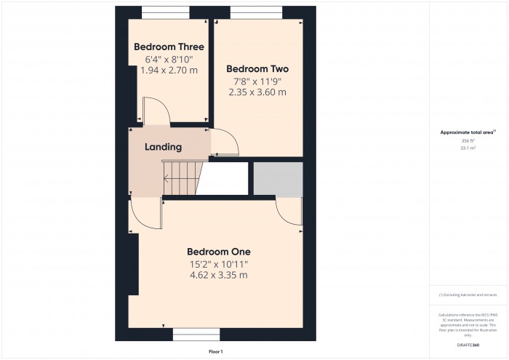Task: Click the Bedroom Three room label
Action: pos(169,47)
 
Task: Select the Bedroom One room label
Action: pos(218,252)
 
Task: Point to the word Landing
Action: pos(163,147)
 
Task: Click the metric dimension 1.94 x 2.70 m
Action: pos(169,71)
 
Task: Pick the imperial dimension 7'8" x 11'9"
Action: pos(257,81)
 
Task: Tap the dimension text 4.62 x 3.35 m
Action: pos(218,276)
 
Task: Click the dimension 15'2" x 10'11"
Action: pos(218,264)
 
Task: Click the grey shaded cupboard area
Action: pos(278,179)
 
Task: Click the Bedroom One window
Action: pos(196,335)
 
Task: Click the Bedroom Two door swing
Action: pos(224,142)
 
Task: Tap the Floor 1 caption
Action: pos(215,351)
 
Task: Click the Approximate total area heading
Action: pos(468,132)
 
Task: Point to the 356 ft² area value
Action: pos(468,140)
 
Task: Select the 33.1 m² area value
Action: pos(468,148)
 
